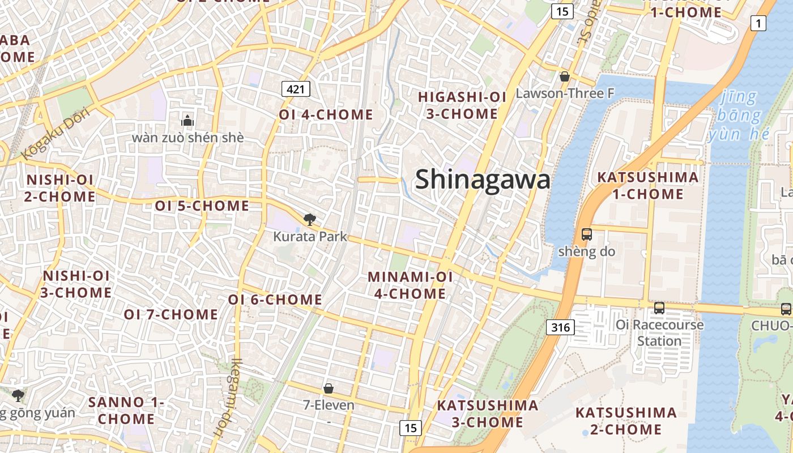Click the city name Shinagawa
[x=483, y=180]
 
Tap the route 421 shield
[x=296, y=88]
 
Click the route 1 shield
[x=758, y=23]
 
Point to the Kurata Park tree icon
[x=309, y=220]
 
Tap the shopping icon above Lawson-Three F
[x=564, y=76]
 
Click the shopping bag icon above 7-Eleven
[x=329, y=388]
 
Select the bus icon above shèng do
[x=586, y=234]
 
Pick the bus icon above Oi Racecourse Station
[x=659, y=307]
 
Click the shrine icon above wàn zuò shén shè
[x=187, y=121]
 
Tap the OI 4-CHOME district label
[x=326, y=115]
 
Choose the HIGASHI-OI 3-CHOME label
[x=462, y=105]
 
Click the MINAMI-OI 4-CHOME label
[x=410, y=285]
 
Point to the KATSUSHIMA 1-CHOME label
[x=648, y=186]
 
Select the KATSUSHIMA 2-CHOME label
[x=626, y=421]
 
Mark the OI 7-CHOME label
[x=171, y=314]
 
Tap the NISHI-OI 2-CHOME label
[x=60, y=189]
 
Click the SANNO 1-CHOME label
[x=126, y=411]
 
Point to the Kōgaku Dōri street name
[x=56, y=133]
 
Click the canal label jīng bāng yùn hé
[x=739, y=116]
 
